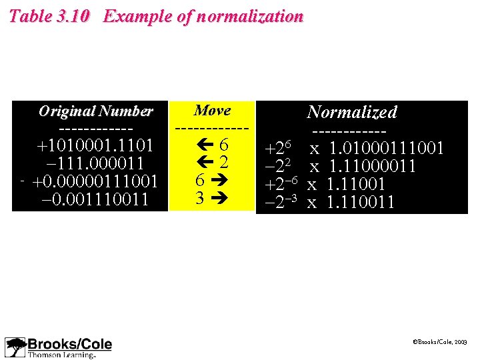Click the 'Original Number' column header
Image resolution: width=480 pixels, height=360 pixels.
pos(95,111)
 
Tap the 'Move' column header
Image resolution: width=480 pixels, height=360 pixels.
pos(212,111)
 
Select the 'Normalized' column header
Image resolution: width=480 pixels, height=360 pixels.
pos(352,112)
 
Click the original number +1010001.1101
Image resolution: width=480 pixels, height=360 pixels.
pos(95,145)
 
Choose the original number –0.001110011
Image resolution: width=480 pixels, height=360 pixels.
pos(95,199)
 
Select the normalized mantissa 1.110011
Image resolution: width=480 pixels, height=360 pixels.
pos(361,202)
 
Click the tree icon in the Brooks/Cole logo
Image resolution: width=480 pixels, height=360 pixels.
pos(15,347)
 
